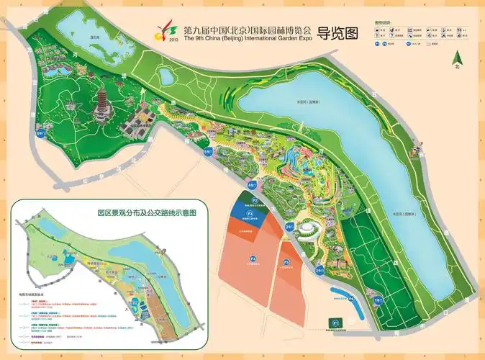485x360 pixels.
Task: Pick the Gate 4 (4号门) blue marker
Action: click(x=252, y=185)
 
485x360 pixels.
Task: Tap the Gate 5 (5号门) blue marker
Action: click(x=207, y=152)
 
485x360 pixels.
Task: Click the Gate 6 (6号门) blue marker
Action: click(x=42, y=133)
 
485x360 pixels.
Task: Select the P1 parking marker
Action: click(x=335, y=323)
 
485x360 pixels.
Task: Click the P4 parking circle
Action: click(x=253, y=258)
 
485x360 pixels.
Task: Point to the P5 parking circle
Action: click(x=286, y=263)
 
